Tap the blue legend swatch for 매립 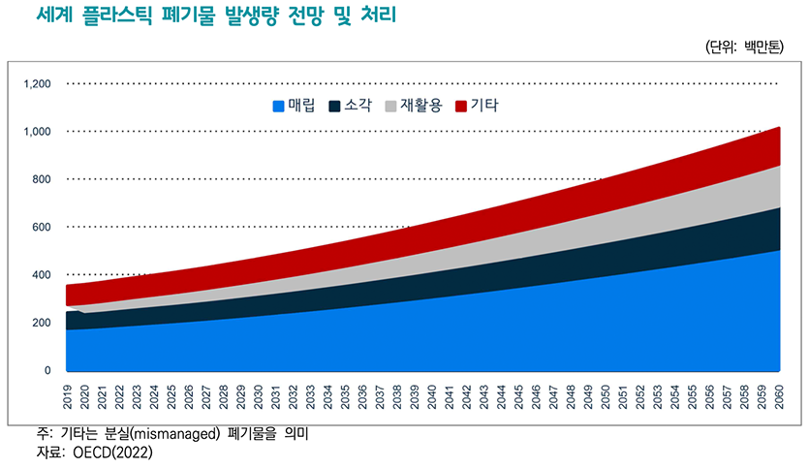(x=280, y=106)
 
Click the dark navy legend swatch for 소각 (x=336, y=106)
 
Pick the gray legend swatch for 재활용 (x=392, y=106)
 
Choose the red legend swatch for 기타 (x=461, y=106)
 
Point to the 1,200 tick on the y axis (x=36, y=84)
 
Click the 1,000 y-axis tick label (x=36, y=132)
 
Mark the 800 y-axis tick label (x=41, y=179)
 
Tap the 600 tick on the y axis (x=41, y=228)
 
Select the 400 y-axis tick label (x=41, y=275)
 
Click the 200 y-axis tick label (x=41, y=323)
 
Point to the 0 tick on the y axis (x=47, y=371)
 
